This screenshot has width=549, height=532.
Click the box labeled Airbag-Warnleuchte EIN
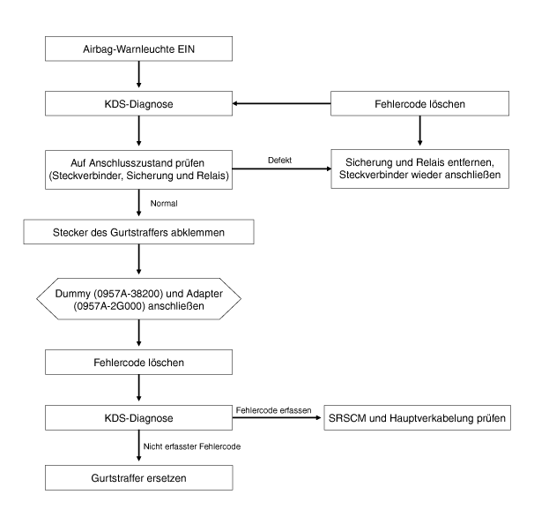(x=138, y=49)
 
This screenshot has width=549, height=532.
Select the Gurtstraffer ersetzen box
(x=138, y=477)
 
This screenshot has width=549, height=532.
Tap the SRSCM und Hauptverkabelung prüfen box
(x=418, y=418)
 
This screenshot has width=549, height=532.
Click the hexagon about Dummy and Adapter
(x=138, y=299)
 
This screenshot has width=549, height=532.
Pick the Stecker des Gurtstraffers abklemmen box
(x=138, y=232)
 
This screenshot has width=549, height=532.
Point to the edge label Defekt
(x=279, y=161)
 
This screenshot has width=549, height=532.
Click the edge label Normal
(x=164, y=203)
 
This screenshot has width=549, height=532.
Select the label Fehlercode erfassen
(x=273, y=410)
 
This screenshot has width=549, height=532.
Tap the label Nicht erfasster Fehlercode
(x=192, y=446)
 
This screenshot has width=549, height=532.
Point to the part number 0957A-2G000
(x=109, y=306)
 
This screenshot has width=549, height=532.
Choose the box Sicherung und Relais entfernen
(x=419, y=169)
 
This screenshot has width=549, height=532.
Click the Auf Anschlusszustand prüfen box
(x=138, y=170)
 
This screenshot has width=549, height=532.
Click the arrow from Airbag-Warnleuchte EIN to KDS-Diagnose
(x=138, y=74)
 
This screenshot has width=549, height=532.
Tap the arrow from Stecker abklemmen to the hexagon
(x=138, y=259)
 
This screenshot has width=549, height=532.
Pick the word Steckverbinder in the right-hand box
(x=372, y=175)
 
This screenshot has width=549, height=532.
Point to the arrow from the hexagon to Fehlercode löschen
(x=138, y=333)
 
